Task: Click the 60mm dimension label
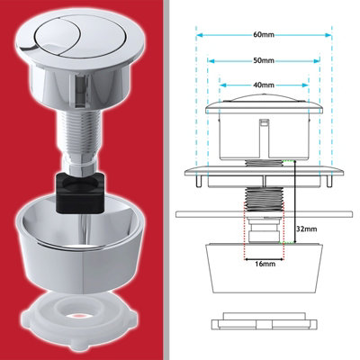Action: (264, 35)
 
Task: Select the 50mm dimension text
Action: (264, 62)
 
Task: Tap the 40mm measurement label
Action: (264, 86)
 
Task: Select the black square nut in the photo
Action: (83, 188)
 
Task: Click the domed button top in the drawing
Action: (264, 100)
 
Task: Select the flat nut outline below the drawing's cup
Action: (262, 321)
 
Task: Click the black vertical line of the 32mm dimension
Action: (292, 207)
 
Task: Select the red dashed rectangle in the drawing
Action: (262, 234)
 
